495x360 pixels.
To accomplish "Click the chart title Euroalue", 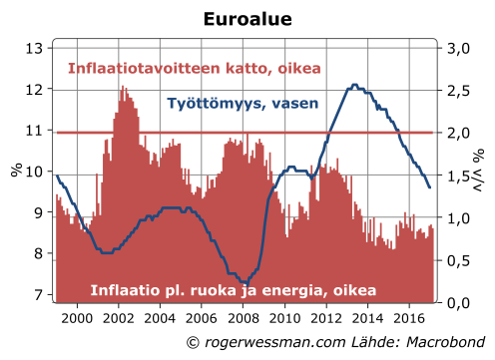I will [247, 19].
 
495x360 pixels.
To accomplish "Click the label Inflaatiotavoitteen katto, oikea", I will [195, 69].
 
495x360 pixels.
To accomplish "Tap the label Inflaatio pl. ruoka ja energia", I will [233, 290].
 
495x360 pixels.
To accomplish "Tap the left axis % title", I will [17, 171].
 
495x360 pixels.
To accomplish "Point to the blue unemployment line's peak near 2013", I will [353, 86].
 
